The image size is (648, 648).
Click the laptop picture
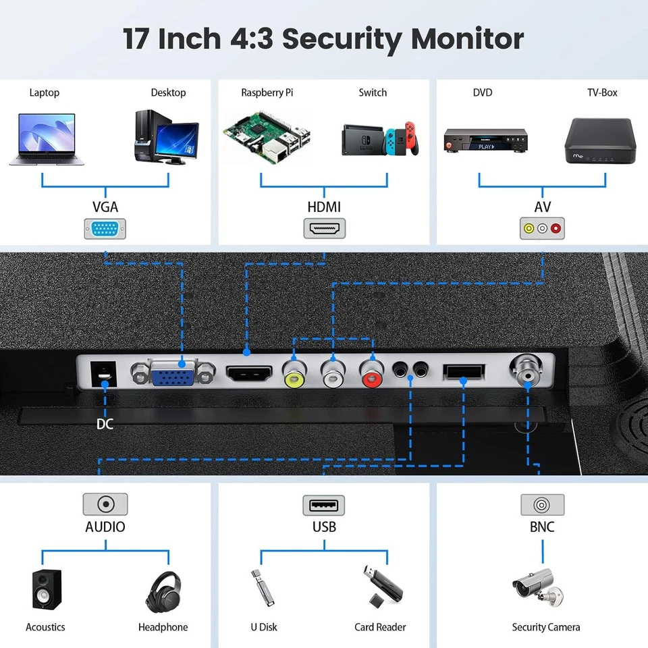tap(42, 139)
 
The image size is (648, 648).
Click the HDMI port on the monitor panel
tap(248, 373)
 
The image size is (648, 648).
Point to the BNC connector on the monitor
tap(527, 369)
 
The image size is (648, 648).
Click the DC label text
tap(105, 424)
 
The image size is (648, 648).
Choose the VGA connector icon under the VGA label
tap(105, 229)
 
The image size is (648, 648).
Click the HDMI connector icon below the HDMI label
tap(324, 228)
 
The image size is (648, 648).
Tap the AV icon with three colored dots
tap(542, 228)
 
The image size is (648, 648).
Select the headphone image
tap(163, 591)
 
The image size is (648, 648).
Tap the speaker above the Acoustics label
tap(47, 589)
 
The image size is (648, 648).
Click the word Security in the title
tap(341, 39)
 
